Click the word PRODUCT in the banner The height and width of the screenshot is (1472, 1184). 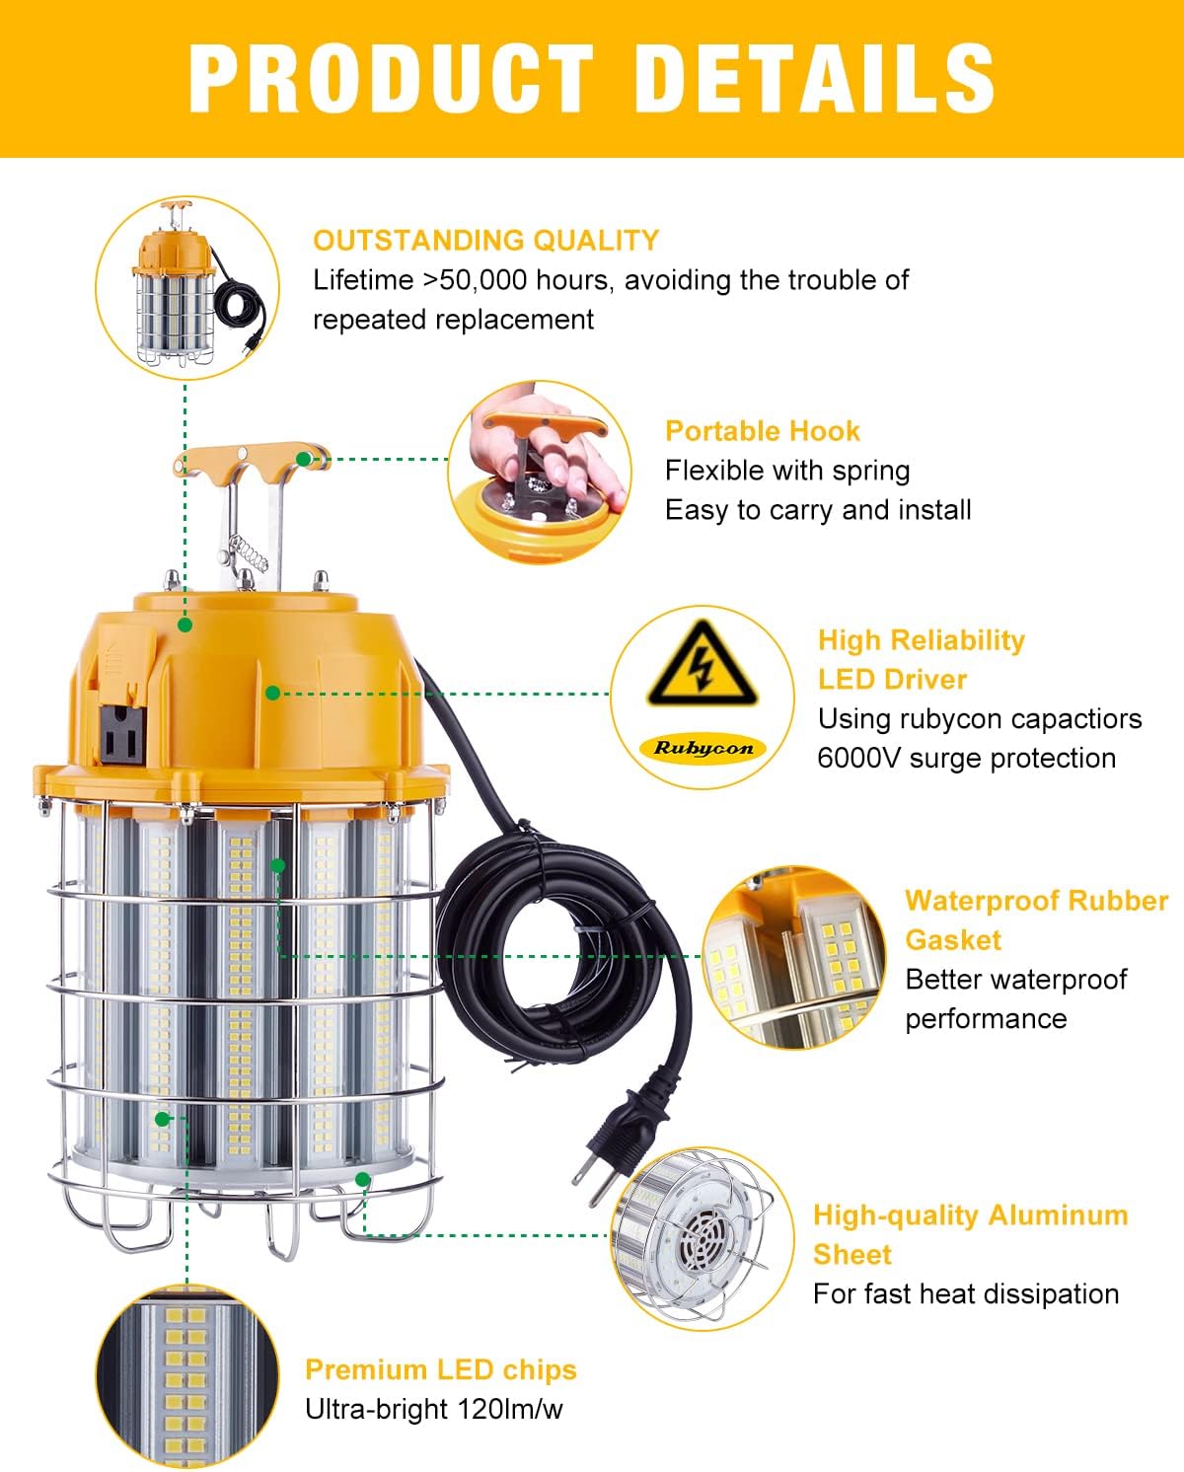click(x=390, y=77)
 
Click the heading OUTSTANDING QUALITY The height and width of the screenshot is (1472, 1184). click(x=485, y=240)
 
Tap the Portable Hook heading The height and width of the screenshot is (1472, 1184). click(x=762, y=431)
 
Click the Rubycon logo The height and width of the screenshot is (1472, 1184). click(x=703, y=748)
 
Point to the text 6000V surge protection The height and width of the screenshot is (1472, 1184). click(x=966, y=758)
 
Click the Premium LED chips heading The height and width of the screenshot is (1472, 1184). click(x=440, y=1369)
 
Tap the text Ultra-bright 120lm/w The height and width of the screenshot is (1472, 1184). click(x=433, y=1409)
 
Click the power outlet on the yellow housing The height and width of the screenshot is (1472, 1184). click(x=121, y=732)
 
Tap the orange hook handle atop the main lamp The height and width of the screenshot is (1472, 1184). click(x=251, y=461)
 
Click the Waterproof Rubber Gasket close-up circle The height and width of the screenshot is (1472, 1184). click(x=795, y=957)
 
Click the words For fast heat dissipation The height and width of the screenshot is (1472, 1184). click(x=965, y=1293)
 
